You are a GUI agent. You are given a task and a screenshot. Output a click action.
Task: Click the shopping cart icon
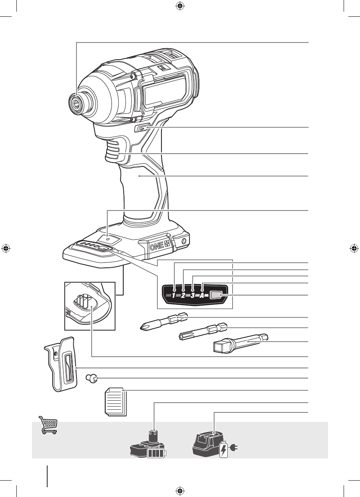click(x=48, y=425)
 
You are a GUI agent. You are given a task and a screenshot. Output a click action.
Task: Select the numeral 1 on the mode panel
click(x=174, y=295)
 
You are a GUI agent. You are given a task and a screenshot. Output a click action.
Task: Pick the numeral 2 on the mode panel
click(x=183, y=295)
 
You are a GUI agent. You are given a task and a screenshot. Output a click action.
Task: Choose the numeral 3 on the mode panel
click(x=193, y=295)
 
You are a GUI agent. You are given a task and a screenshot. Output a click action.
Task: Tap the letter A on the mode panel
click(x=202, y=295)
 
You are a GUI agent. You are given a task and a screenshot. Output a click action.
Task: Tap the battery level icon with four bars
click(x=156, y=453)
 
